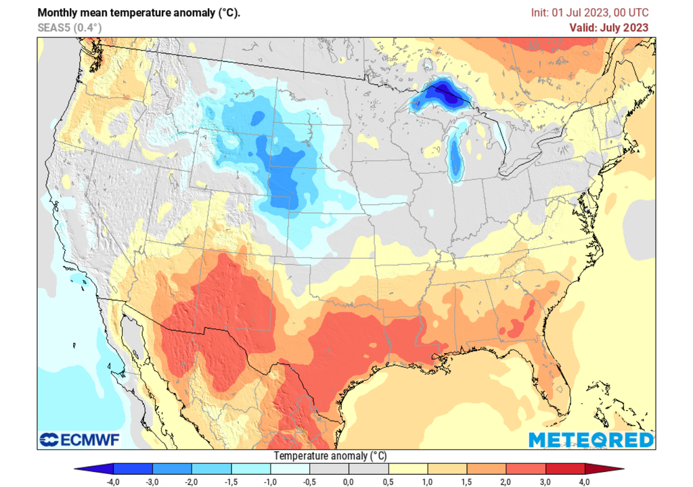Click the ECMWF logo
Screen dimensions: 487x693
click(x=79, y=440)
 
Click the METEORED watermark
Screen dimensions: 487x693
click(x=591, y=440)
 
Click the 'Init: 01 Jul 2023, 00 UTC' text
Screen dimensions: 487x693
click(x=589, y=12)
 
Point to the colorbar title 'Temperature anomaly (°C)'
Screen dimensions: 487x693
click(x=330, y=456)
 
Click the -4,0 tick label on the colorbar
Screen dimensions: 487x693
click(x=113, y=480)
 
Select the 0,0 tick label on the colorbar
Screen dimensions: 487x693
click(x=348, y=480)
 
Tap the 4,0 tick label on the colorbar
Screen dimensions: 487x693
click(x=583, y=480)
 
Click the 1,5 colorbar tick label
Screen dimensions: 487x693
click(x=466, y=480)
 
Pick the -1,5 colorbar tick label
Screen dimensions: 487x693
click(x=231, y=480)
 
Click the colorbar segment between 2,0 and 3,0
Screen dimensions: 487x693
click(x=525, y=468)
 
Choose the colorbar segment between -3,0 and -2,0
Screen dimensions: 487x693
click(x=172, y=468)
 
